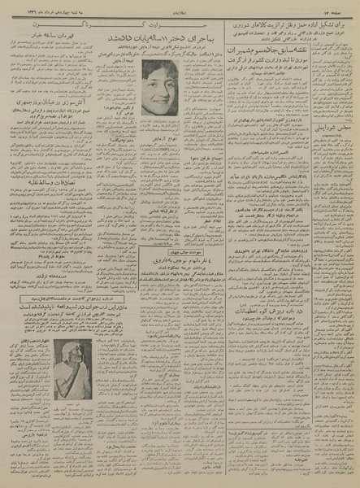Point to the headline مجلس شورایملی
(x=331, y=129)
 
